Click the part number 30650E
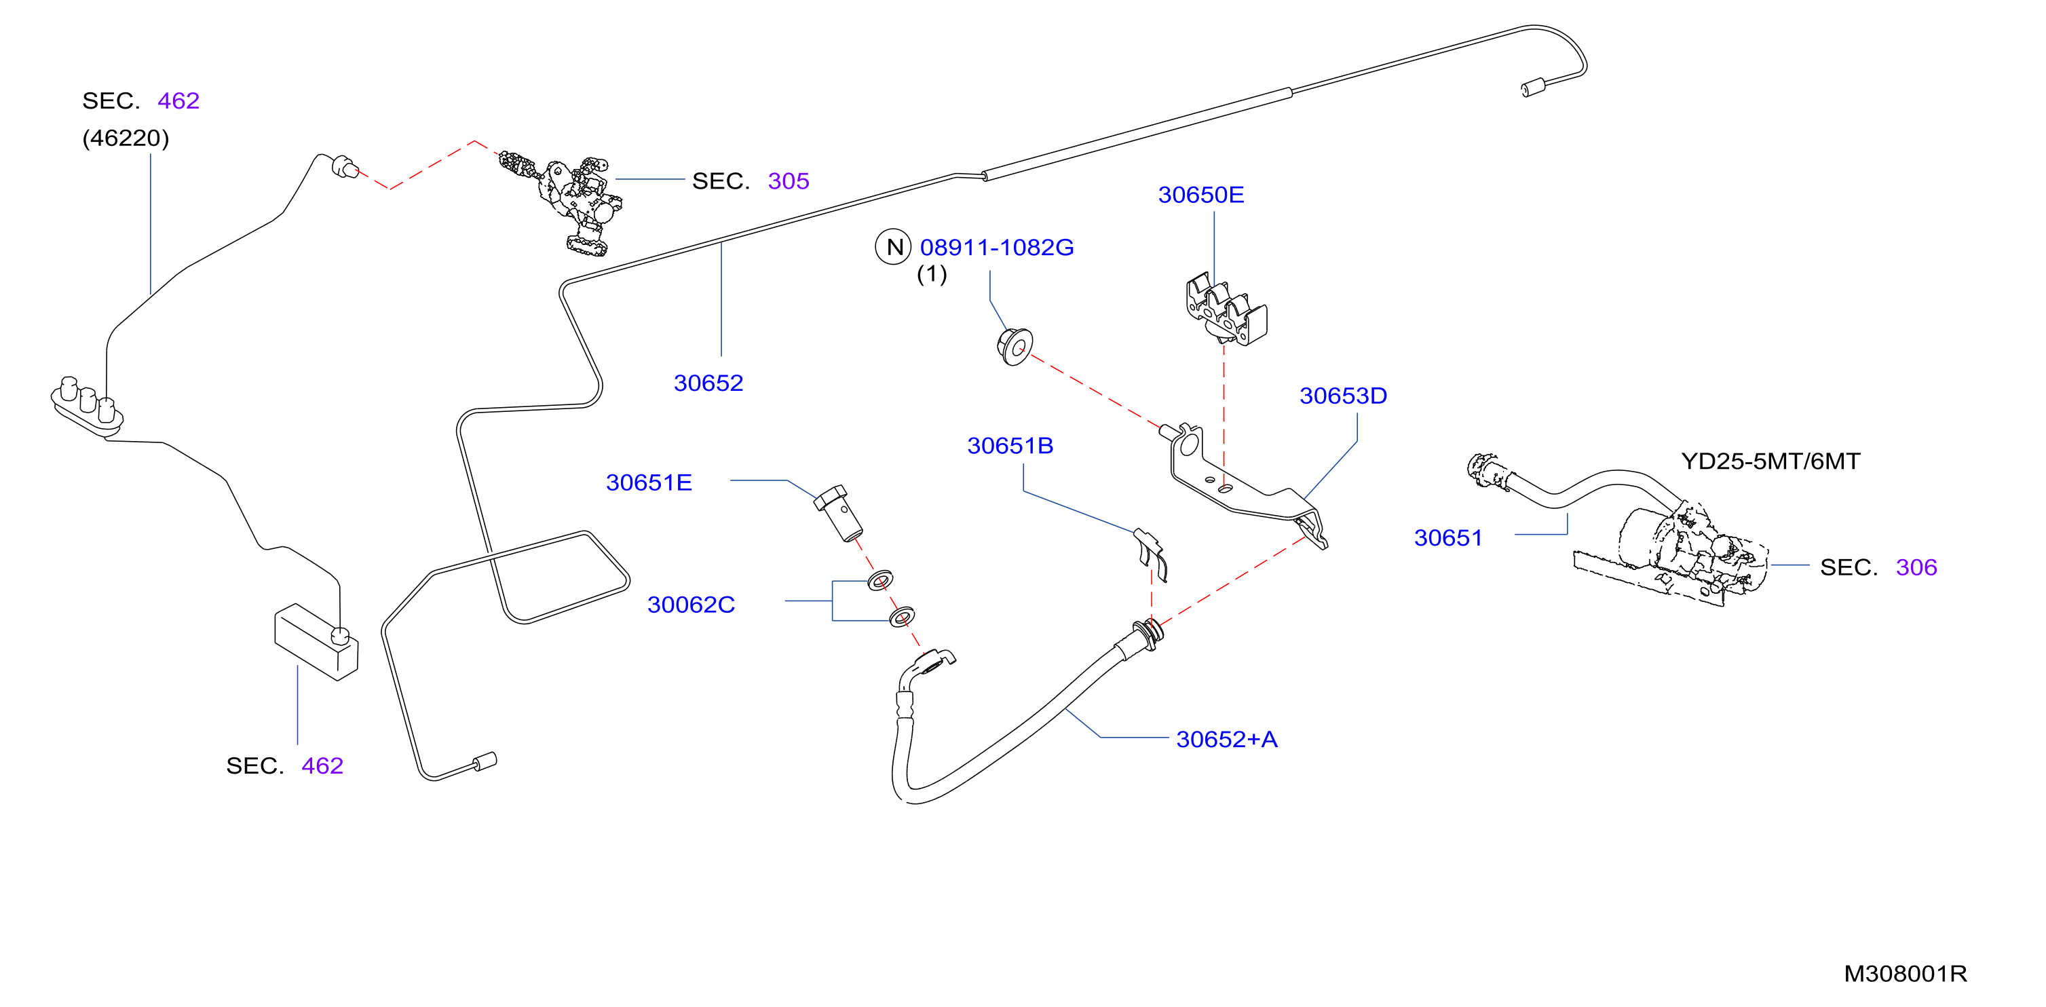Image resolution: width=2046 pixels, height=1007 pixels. pyautogui.click(x=1200, y=195)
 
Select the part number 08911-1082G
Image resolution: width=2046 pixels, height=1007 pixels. pyautogui.click(x=996, y=248)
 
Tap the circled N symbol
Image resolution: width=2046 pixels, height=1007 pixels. pyautogui.click(x=894, y=247)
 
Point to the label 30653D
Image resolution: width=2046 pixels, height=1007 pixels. pyautogui.click(x=1342, y=396)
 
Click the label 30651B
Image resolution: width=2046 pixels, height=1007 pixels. pyautogui.click(x=1010, y=446)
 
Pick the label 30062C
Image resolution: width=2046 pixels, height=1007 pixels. pyautogui.click(x=691, y=605)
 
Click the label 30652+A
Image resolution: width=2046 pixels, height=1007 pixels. pyautogui.click(x=1226, y=740)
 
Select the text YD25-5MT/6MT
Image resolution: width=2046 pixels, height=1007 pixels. pyautogui.click(x=1770, y=461)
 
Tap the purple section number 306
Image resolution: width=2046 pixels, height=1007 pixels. pyautogui.click(x=1916, y=567)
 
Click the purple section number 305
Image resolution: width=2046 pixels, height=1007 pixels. pyautogui.click(x=788, y=181)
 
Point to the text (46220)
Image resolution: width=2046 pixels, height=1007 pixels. pyautogui.click(x=126, y=138)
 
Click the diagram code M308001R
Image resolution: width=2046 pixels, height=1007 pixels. pyautogui.click(x=1905, y=974)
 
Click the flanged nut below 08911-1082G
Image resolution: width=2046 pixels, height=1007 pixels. pyautogui.click(x=1015, y=346)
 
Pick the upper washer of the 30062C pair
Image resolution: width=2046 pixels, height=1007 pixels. pyautogui.click(x=880, y=581)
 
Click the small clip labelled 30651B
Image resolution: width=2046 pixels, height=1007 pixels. pyautogui.click(x=1151, y=554)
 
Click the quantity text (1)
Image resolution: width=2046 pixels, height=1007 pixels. pyautogui.click(x=932, y=275)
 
